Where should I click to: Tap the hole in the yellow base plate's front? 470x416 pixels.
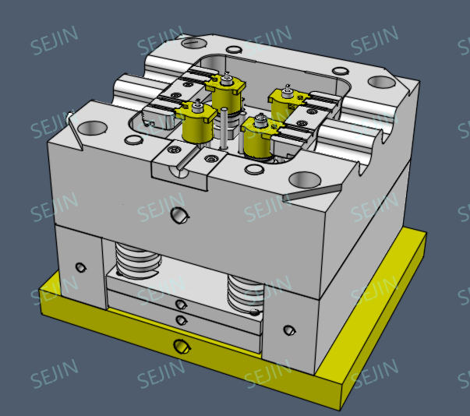click(181, 345)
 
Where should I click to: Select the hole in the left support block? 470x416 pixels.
click(80, 268)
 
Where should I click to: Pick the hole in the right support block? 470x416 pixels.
click(290, 330)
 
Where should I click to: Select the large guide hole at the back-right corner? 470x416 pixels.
click(380, 81)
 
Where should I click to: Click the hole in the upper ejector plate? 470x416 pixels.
click(181, 305)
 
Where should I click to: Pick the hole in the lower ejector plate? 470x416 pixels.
click(181, 319)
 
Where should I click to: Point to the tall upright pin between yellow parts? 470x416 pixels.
click(223, 128)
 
